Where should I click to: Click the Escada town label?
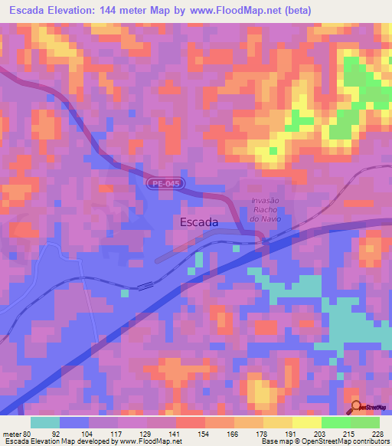point(198,222)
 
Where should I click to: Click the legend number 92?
point(54,433)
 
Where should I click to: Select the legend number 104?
point(83,433)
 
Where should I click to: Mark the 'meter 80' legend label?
point(15,433)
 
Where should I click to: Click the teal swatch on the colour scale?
point(45,422)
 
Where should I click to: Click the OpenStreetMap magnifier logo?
point(357,408)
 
